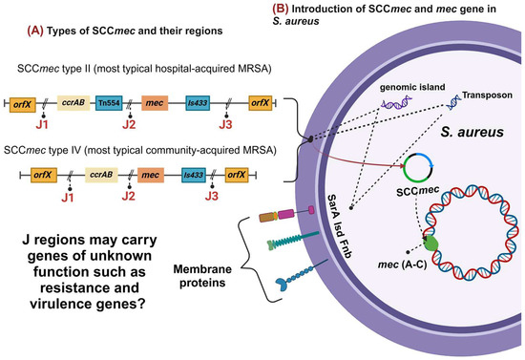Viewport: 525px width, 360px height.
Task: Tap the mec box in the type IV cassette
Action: point(149,175)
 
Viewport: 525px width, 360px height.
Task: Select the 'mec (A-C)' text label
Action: point(395,278)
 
